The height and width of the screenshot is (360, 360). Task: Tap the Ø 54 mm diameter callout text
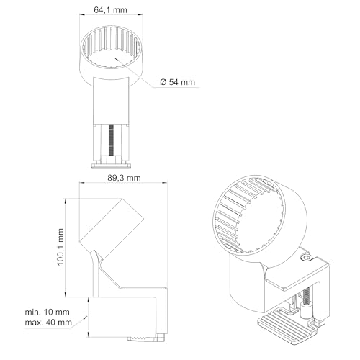(x=175, y=82)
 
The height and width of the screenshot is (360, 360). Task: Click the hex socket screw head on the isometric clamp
(x=306, y=257)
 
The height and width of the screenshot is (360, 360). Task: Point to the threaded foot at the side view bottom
(x=143, y=337)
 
